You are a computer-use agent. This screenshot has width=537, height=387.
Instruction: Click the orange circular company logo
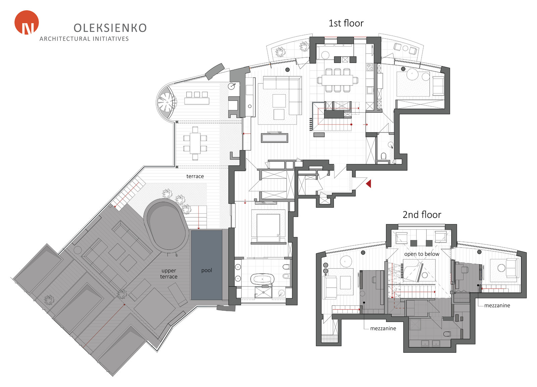coord(27,22)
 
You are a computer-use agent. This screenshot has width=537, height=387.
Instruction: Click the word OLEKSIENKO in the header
coord(110,28)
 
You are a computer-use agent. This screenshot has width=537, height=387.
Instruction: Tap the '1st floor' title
coord(346,23)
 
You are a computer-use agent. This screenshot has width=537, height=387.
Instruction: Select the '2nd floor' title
coord(422,215)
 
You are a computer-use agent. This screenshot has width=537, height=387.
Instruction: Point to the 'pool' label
coord(207,270)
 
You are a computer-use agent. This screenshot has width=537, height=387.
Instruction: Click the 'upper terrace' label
coord(169,274)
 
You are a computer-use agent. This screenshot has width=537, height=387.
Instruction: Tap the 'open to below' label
coord(422,254)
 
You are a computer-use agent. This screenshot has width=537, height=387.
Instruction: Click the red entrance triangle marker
coord(369,184)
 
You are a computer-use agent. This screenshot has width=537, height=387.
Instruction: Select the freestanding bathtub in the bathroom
coord(262,279)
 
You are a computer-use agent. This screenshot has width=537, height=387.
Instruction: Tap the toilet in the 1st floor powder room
coord(384,156)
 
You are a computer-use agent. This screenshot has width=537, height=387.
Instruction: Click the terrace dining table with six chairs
coord(195,143)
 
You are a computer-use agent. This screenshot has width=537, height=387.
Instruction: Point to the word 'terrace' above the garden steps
coord(195,176)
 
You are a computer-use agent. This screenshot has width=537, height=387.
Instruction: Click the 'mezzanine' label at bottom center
coord(383,328)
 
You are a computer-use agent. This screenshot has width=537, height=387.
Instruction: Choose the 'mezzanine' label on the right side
coord(497,305)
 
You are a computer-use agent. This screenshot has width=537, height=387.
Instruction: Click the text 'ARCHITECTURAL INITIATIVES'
coord(84,39)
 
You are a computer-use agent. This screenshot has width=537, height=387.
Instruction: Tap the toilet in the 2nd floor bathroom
coord(447,334)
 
